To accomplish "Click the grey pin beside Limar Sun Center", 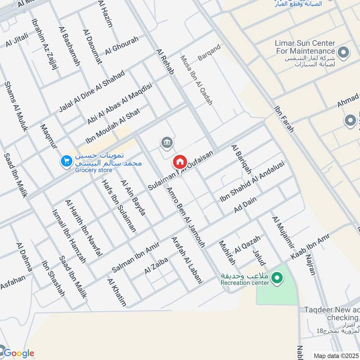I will pyautogui.click(x=344, y=53).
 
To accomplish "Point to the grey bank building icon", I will pyautogui.click(x=166, y=143).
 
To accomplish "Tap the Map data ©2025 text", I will pyautogui.click(x=336, y=355).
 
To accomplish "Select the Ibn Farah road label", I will pyautogui.click(x=284, y=119).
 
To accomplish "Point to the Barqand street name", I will pyautogui.click(x=209, y=53).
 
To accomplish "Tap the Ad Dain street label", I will pyautogui.click(x=245, y=207).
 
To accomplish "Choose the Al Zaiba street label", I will pyautogui.click(x=156, y=266).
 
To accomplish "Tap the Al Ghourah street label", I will pyautogui.click(x=121, y=46).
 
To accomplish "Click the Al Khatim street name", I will pyautogui.click(x=117, y=292).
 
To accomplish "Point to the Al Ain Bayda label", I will pyautogui.click(x=133, y=197).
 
